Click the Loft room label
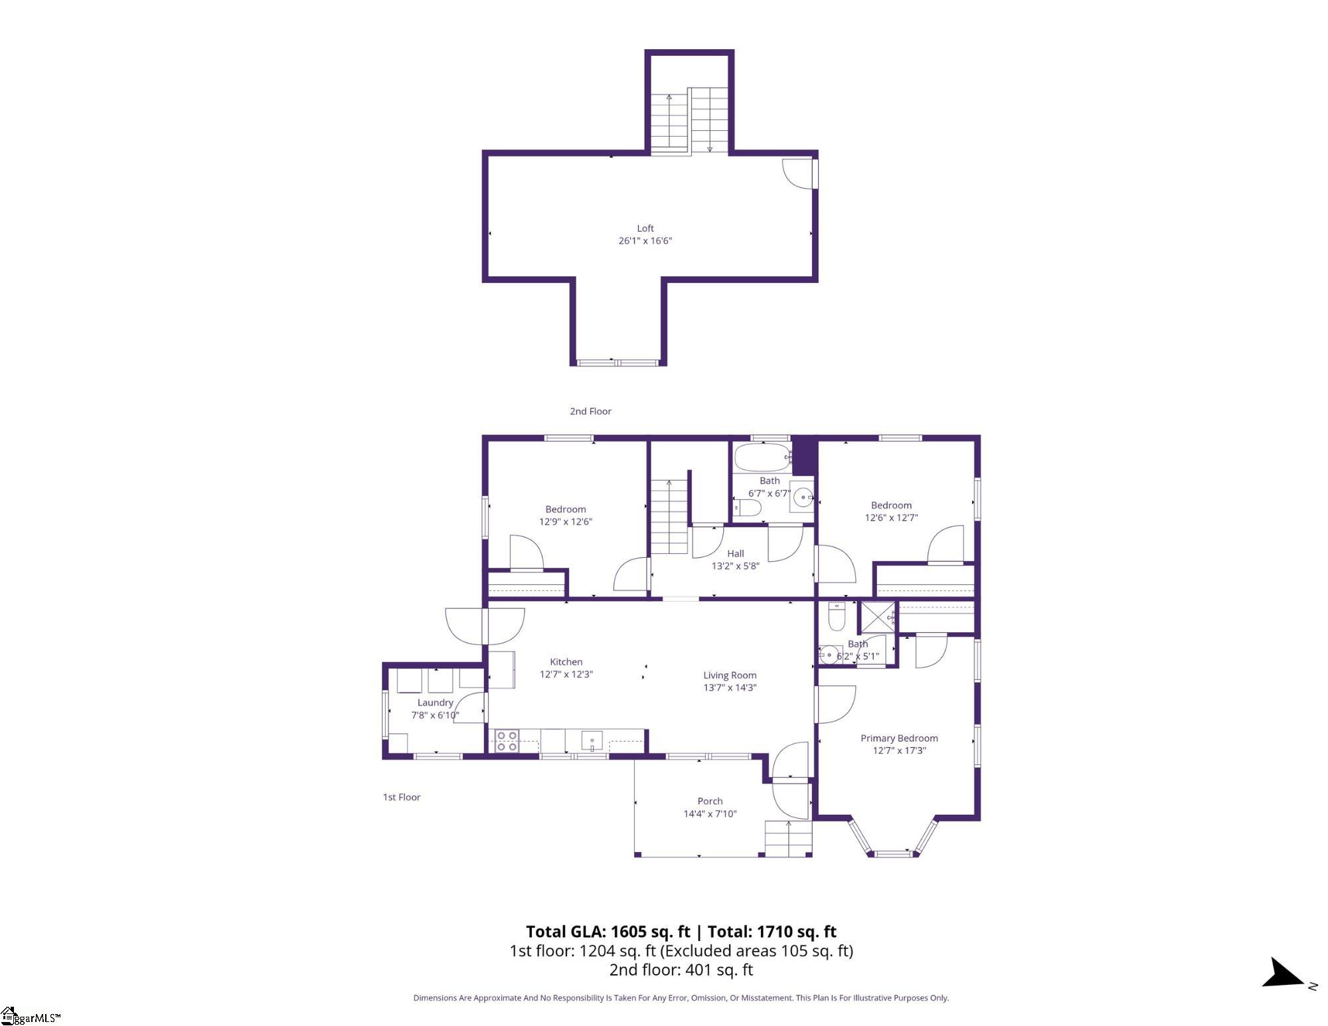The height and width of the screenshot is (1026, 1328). click(645, 228)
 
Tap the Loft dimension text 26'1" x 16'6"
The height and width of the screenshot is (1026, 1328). click(645, 241)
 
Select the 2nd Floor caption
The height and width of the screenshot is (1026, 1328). click(590, 411)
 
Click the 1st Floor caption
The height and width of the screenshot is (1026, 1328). click(402, 797)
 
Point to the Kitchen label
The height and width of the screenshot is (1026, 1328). click(566, 661)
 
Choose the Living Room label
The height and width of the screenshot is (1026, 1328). click(730, 675)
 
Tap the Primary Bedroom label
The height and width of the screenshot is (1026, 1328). click(899, 738)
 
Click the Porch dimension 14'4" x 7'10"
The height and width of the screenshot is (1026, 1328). click(710, 814)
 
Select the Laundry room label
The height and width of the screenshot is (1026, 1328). click(436, 703)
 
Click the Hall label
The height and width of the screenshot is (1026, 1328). click(735, 553)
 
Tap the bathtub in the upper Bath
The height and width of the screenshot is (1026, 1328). click(762, 458)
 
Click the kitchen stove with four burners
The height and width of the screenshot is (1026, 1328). click(507, 741)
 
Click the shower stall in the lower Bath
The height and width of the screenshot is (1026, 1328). click(876, 617)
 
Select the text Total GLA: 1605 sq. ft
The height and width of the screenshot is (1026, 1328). click(608, 932)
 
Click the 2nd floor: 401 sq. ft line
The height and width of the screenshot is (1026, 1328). click(681, 970)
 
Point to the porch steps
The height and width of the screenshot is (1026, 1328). click(788, 839)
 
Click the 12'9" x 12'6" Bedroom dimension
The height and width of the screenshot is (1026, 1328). click(566, 522)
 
